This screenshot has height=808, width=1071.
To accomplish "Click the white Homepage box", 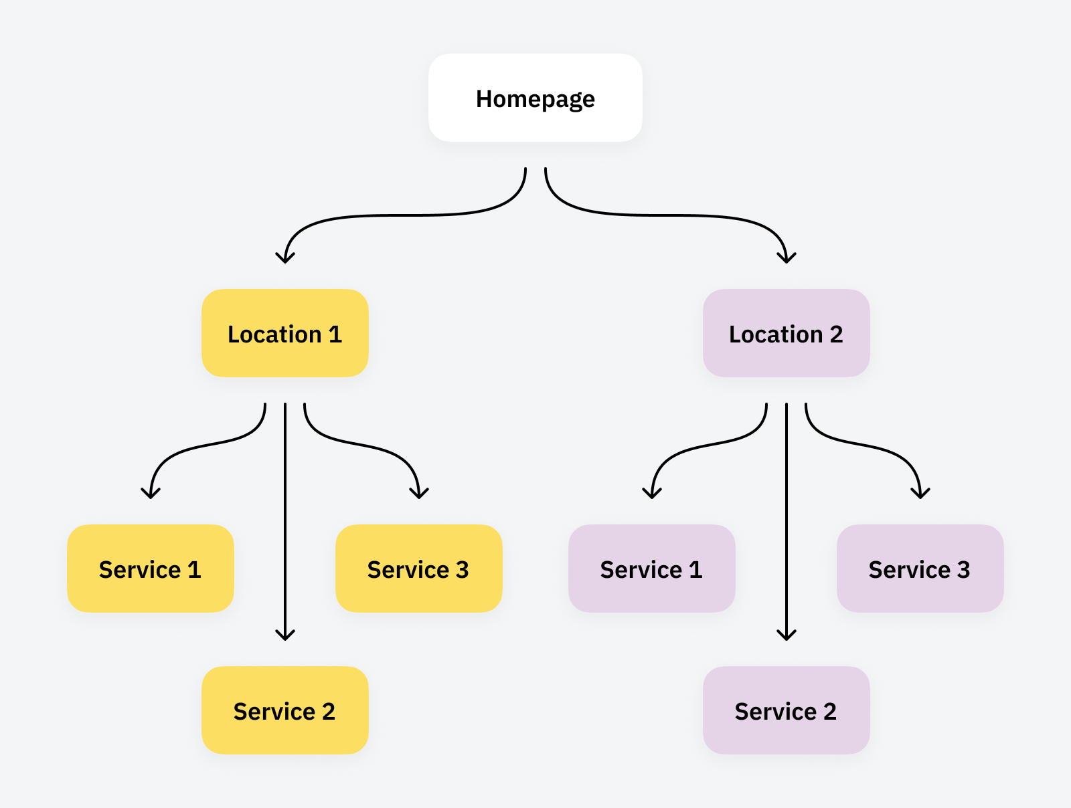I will coord(535,98).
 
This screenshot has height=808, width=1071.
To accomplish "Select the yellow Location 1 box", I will coord(285,333).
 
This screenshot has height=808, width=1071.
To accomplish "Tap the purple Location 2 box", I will coord(786,333).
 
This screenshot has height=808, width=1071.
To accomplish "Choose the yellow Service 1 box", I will coord(151,569).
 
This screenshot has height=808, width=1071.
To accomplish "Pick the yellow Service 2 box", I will coord(285,710).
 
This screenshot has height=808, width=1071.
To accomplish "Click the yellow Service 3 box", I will coord(418,569).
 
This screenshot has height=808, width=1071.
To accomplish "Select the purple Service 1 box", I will coord(652,569).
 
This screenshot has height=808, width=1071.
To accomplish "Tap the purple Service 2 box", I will coord(786,710).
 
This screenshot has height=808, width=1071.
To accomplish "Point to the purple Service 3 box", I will coord(920,569).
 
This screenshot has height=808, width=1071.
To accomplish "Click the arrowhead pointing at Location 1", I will coord(285,258).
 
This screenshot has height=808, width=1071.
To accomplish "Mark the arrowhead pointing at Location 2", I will coord(787,258).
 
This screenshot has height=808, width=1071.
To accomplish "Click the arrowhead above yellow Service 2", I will coord(285,635).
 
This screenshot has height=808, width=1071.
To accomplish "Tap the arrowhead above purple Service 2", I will coord(787,635).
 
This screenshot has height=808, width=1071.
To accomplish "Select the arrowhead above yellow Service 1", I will coord(151,494).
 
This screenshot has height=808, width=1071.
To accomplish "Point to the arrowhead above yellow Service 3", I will coord(419,494).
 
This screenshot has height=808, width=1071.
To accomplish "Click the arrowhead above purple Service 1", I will coord(652,494).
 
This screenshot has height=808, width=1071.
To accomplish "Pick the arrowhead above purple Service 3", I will coord(920,494).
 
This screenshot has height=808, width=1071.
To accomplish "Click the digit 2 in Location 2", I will coord(836,334).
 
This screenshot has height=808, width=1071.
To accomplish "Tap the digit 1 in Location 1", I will coord(335,334).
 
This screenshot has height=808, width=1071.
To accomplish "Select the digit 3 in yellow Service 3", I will coord(462,570).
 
